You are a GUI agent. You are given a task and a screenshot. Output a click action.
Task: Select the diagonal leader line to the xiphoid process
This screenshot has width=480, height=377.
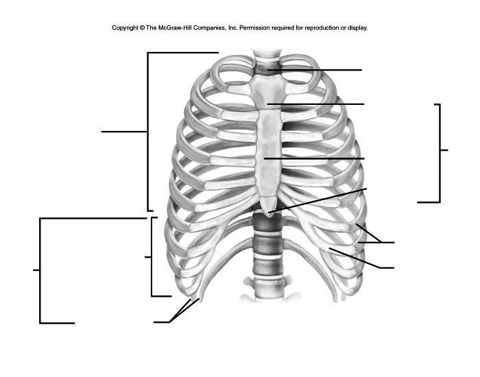[322, 199]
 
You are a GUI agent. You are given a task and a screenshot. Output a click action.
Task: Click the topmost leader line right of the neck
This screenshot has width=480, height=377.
[322, 70]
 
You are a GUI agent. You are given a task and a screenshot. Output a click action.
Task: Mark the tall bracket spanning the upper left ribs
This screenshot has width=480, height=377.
[148, 130]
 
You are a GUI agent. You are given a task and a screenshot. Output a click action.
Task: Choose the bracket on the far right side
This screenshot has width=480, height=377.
[438, 151]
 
